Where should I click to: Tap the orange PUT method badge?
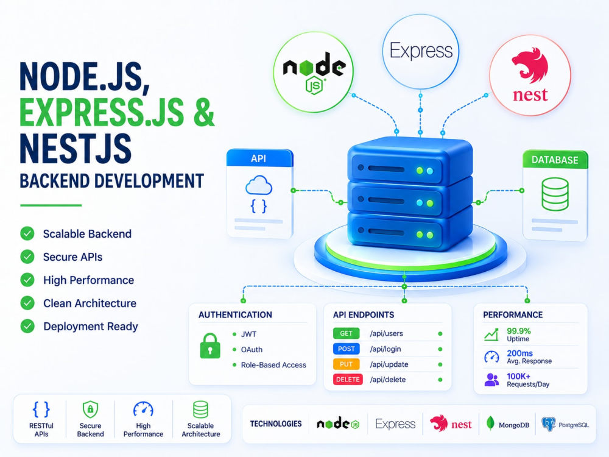(x=346, y=364)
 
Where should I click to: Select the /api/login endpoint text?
(x=385, y=349)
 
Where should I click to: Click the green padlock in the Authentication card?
(x=210, y=345)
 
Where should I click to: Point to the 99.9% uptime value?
(x=518, y=331)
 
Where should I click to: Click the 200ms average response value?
(x=519, y=353)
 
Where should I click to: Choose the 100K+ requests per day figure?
(x=518, y=376)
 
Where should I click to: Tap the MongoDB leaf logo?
(x=490, y=423)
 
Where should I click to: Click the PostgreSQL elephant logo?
(x=549, y=424)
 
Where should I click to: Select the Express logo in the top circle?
(x=421, y=51)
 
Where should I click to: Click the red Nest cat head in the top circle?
(x=530, y=65)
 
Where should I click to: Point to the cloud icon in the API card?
(x=259, y=185)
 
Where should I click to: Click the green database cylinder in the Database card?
(x=555, y=194)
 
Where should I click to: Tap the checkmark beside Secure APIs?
(x=27, y=257)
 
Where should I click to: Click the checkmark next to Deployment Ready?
(x=27, y=326)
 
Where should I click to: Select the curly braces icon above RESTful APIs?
(x=41, y=409)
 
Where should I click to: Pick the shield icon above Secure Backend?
(x=90, y=409)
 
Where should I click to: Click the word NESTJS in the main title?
(x=76, y=149)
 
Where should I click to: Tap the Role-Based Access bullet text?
(x=273, y=365)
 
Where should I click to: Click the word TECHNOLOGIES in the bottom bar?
(x=276, y=423)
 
